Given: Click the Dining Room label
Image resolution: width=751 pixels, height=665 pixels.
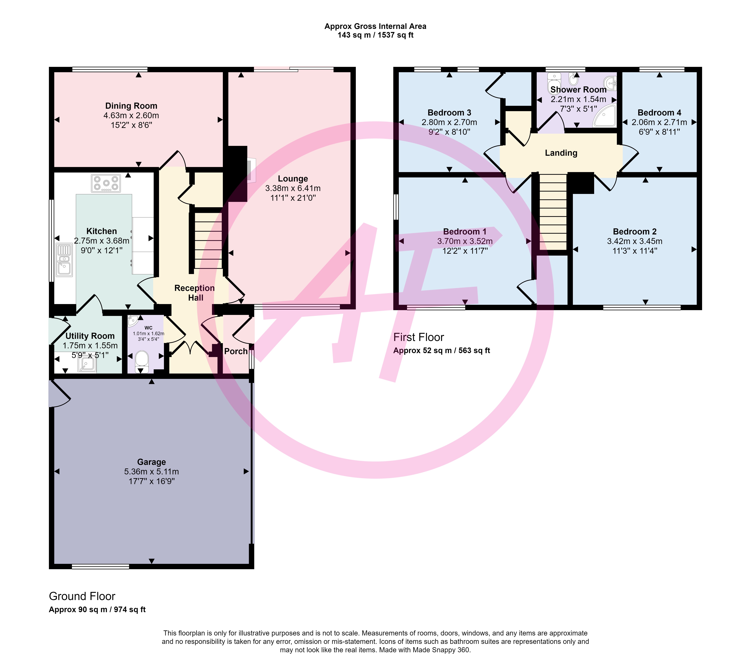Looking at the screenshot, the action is pyautogui.click(x=131, y=106).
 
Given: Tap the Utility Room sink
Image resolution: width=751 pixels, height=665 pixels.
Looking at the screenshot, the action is pyautogui.click(x=87, y=364).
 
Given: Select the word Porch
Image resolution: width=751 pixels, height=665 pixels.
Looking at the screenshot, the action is pyautogui.click(x=236, y=351).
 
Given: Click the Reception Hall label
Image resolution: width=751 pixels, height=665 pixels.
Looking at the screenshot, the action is pyautogui.click(x=195, y=293).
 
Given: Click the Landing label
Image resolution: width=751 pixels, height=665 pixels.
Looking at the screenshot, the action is pyautogui.click(x=561, y=153).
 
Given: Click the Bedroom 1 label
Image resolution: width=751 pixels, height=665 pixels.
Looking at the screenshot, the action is pyautogui.click(x=465, y=231).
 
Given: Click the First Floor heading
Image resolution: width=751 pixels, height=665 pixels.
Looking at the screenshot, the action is pyautogui.click(x=418, y=337).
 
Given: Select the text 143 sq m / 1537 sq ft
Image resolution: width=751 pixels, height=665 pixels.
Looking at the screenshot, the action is pyautogui.click(x=375, y=35).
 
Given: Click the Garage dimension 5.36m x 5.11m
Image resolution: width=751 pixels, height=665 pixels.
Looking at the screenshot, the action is pyautogui.click(x=151, y=472).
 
